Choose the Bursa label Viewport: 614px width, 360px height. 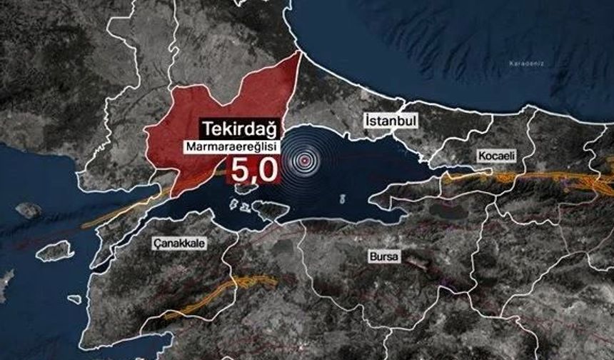[x=384, y=256]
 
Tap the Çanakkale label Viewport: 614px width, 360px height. [x=179, y=244]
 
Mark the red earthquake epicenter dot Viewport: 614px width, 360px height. [x=306, y=161]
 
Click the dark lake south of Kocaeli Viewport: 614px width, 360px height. [x=446, y=211]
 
